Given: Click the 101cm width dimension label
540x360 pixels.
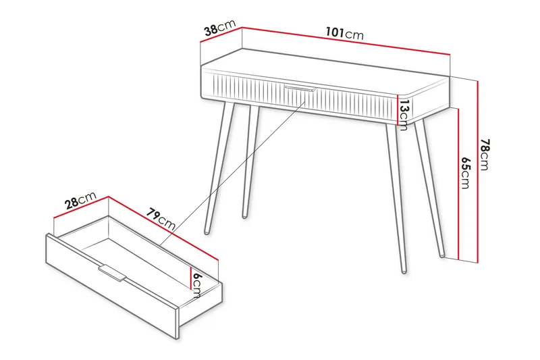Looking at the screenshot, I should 344,33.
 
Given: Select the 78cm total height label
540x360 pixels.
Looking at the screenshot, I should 485,155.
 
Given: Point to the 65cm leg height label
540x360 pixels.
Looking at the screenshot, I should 466,173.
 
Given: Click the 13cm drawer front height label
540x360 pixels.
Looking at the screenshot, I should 404,112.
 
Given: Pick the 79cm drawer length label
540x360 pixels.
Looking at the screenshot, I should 161,218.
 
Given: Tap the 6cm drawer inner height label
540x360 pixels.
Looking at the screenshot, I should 196,284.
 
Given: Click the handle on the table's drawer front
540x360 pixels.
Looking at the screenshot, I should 300,88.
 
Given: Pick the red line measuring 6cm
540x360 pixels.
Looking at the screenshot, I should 190,277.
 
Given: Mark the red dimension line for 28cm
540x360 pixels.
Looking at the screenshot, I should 81,209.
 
